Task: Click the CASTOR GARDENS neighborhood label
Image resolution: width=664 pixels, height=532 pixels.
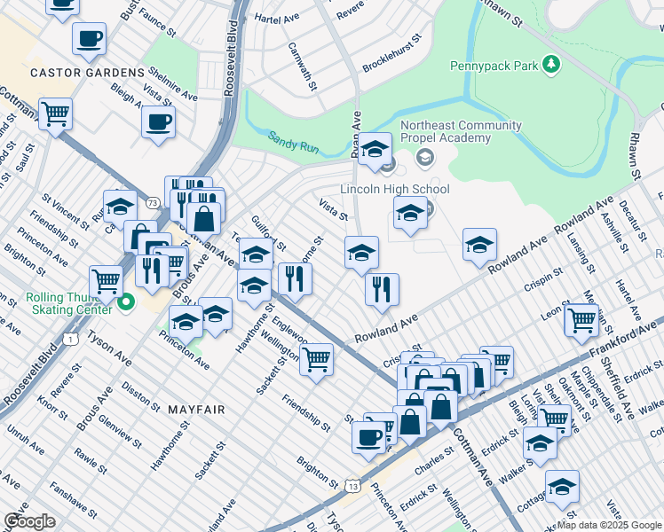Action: (x=87, y=72)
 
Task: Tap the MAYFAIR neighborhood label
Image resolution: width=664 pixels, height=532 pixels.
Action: (x=195, y=410)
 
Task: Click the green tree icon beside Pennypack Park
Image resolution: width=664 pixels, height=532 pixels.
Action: (x=552, y=64)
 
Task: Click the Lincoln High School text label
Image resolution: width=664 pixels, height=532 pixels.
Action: (x=395, y=189)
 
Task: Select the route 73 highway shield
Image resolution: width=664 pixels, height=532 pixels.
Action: (x=154, y=204)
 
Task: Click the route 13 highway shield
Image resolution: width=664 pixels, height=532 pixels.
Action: (x=354, y=486)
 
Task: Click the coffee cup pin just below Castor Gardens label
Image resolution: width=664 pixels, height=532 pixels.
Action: (x=158, y=122)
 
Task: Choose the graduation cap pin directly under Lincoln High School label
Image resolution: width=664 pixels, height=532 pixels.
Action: (x=409, y=214)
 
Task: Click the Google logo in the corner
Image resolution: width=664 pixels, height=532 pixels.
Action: (x=30, y=521)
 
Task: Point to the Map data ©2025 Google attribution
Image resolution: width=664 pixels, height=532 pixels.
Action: (x=609, y=525)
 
